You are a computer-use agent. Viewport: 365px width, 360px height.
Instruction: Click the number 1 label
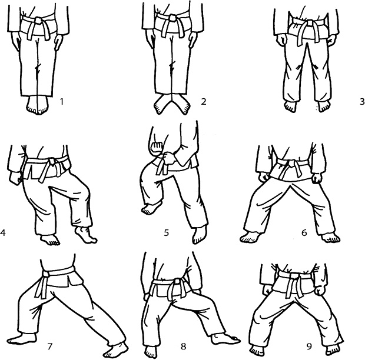click(x=62, y=102)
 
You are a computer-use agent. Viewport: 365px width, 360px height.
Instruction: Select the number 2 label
click(x=204, y=102)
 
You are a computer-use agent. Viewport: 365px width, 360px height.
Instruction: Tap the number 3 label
click(x=362, y=102)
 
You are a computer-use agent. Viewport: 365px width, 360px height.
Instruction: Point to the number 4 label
click(x=2, y=232)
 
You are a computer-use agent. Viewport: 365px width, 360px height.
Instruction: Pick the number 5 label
click(x=166, y=232)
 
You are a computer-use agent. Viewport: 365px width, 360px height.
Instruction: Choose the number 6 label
click(x=304, y=232)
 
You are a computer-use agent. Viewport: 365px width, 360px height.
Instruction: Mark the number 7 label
click(x=50, y=346)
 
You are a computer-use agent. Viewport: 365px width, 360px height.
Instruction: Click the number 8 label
click(x=184, y=346)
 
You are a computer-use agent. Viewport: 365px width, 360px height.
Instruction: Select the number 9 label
click(x=309, y=346)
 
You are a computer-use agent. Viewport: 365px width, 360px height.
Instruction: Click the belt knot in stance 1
click(x=38, y=21)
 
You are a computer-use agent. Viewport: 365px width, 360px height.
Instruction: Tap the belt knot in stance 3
click(x=310, y=24)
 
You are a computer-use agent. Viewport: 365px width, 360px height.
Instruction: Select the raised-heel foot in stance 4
click(x=85, y=235)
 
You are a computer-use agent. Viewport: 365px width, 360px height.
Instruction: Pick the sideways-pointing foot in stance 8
click(x=225, y=339)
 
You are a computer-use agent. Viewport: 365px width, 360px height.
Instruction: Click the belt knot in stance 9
click(x=294, y=276)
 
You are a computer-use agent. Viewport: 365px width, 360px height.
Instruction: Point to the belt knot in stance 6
click(x=291, y=164)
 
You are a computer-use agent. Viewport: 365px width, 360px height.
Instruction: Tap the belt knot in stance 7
click(x=46, y=275)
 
